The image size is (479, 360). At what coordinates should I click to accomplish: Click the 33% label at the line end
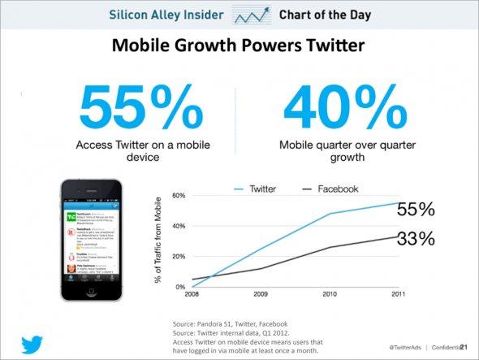(x=415, y=239)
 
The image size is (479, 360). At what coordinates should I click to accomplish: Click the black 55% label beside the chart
(x=415, y=210)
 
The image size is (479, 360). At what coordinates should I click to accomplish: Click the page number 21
(x=464, y=347)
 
